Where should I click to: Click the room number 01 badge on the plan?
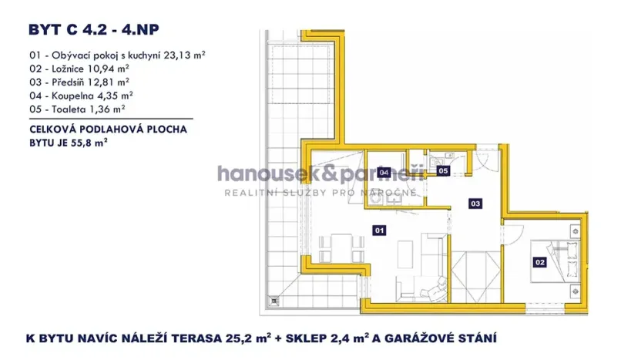378,229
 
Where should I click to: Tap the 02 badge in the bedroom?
539,262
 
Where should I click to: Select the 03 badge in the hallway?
475,204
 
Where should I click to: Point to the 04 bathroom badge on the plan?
383,172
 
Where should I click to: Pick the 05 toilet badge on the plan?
443,170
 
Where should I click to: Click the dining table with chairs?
340,249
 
